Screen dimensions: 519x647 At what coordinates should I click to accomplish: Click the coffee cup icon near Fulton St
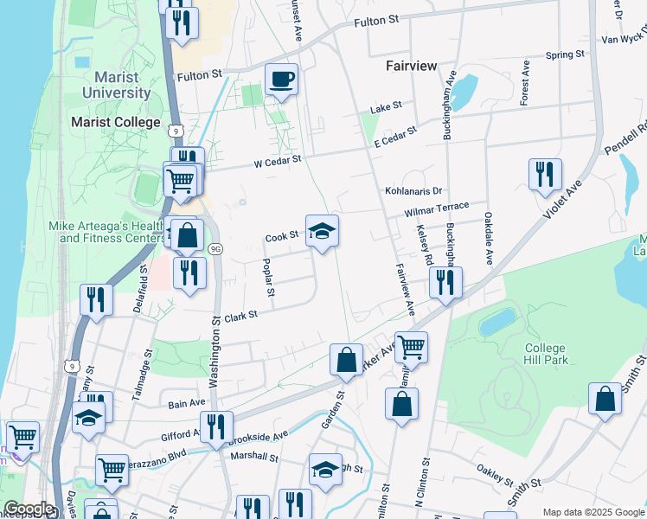282,80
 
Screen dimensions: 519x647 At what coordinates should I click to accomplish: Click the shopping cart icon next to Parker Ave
411,348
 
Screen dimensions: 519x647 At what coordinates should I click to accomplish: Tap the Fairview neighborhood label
411,67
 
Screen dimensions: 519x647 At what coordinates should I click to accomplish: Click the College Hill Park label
546,354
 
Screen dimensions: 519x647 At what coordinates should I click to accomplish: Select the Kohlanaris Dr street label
413,190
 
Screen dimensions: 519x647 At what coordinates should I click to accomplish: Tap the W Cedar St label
278,160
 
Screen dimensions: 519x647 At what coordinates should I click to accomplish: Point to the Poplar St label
269,279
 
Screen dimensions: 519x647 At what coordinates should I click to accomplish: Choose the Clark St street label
241,317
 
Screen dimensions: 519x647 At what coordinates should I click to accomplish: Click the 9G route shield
215,250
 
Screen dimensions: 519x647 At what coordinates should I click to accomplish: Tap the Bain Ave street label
187,403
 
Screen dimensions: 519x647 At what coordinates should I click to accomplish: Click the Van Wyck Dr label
624,38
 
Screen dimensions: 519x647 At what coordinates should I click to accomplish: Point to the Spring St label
565,55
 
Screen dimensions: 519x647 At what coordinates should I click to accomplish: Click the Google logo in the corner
29,509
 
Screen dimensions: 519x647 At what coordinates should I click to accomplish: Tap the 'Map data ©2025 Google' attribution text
593,512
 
